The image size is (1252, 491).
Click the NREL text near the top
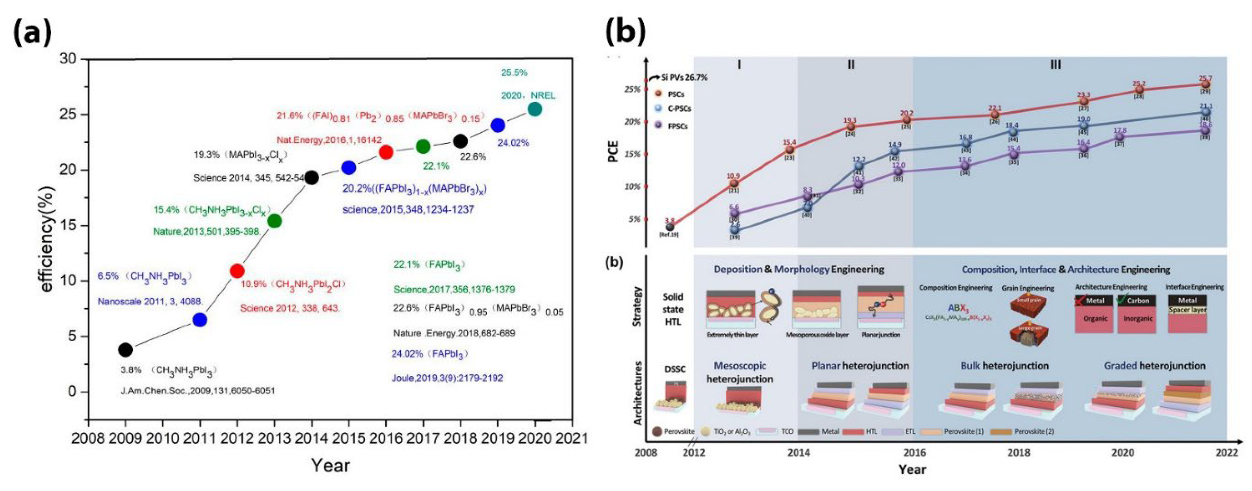[542, 95]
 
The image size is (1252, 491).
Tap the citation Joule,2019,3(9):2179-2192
[447, 378]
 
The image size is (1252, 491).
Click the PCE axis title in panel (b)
[614, 151]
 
